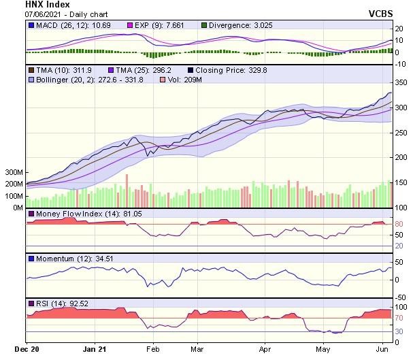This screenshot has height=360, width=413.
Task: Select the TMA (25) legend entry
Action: (142, 70)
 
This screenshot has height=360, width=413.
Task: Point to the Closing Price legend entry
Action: (227, 70)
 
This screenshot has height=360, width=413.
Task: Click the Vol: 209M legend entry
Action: (182, 80)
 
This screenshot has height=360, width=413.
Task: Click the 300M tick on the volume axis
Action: (14, 173)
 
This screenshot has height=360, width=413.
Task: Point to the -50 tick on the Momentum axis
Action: (400, 297)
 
